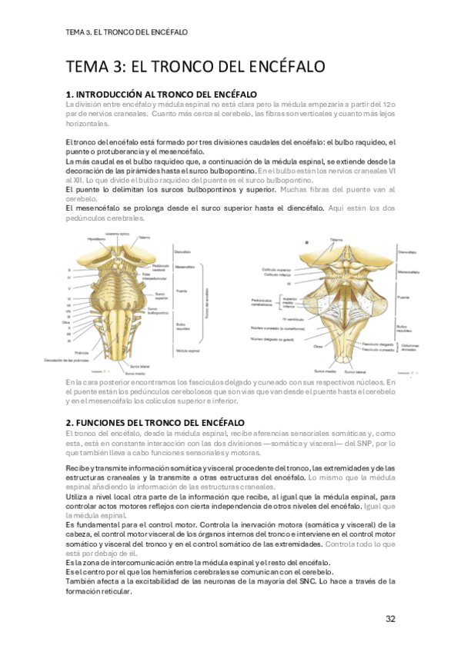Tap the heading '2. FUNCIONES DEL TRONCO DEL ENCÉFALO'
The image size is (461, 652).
pyautogui.click(x=155, y=423)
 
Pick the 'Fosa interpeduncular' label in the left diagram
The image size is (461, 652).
pyautogui.click(x=171, y=275)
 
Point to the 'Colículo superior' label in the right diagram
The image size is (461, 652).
pyautogui.click(x=276, y=269)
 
